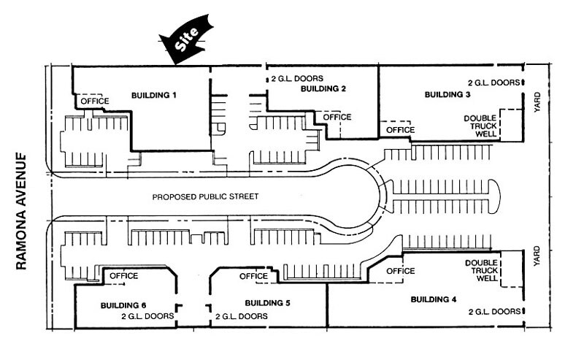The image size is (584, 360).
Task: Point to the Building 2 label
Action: [322, 88]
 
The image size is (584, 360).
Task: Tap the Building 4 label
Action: [434, 299]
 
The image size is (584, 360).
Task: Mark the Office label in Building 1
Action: [95, 101]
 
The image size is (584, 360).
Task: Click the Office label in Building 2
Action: [337, 117]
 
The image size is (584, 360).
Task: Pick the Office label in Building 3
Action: [400, 129]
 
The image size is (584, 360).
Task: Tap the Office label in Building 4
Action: [400, 271]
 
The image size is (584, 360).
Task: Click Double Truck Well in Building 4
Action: [480, 271]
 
